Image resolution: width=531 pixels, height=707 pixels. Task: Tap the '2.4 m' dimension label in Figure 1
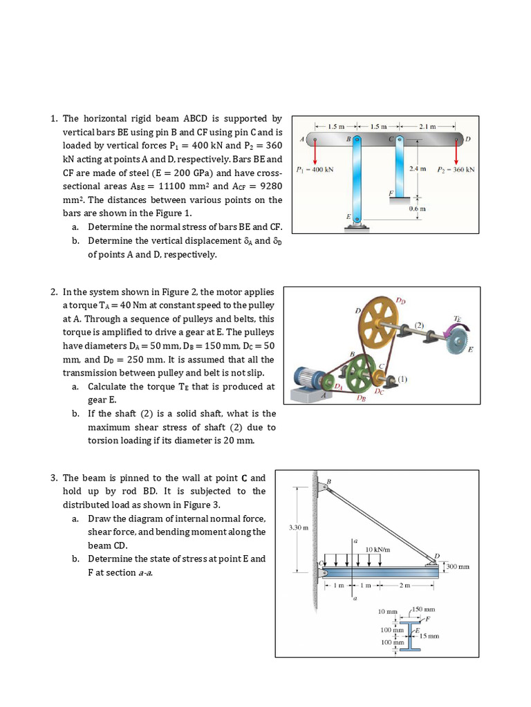(x=418, y=168)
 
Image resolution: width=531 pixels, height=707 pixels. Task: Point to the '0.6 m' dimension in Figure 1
(x=417, y=208)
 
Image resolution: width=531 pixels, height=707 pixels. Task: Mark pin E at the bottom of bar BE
(x=357, y=222)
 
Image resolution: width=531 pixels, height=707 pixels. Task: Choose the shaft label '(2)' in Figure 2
(x=419, y=325)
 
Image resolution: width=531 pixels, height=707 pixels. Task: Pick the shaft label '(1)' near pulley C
(x=404, y=378)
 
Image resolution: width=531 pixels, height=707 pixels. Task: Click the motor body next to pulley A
(x=309, y=378)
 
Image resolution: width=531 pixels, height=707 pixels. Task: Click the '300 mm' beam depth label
(x=458, y=567)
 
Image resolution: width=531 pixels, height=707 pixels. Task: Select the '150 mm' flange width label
(x=424, y=610)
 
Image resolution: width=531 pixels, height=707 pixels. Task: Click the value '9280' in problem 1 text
(x=268, y=186)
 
